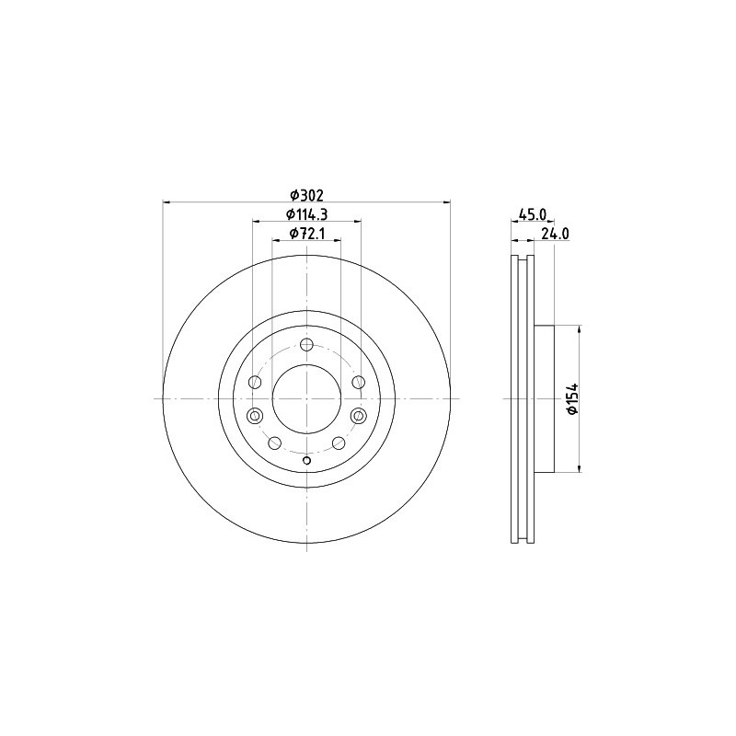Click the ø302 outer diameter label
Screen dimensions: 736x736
coord(307,194)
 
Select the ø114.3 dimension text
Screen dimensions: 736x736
coord(307,213)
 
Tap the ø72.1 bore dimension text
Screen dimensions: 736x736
coord(307,233)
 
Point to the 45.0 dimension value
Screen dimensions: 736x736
coord(533,214)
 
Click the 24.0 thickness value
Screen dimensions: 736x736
coord(556,234)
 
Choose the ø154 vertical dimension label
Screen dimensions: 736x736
coord(573,399)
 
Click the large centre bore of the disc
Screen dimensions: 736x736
coord(306,398)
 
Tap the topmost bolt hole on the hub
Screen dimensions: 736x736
coord(306,345)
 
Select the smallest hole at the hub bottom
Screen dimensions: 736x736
coord(306,460)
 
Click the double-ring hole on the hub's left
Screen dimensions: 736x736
coord(255,416)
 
